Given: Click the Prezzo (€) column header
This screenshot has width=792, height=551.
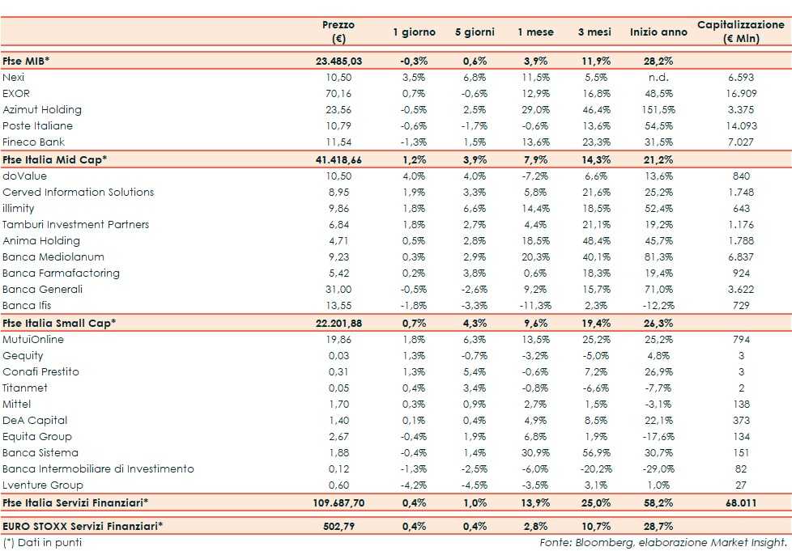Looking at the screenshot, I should pos(339,32).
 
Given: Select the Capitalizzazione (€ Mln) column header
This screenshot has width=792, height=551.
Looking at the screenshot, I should pos(740,32).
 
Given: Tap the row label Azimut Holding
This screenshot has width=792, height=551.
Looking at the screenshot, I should pos(42,109).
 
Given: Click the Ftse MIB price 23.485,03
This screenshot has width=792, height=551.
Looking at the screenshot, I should pos(339,61).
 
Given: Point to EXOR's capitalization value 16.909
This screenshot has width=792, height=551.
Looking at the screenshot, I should pos(740,93).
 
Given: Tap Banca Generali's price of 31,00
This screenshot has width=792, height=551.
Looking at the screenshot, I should pos(339,289).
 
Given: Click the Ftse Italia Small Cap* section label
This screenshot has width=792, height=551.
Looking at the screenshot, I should pos(59,323).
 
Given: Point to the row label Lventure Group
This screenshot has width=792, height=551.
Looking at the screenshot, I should pos(43,485).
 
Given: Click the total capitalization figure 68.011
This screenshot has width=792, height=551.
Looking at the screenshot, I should pos(740,502).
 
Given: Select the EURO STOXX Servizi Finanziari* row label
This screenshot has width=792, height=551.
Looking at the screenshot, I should pos(83,527).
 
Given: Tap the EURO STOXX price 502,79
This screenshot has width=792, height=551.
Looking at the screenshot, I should pos(339,527).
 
